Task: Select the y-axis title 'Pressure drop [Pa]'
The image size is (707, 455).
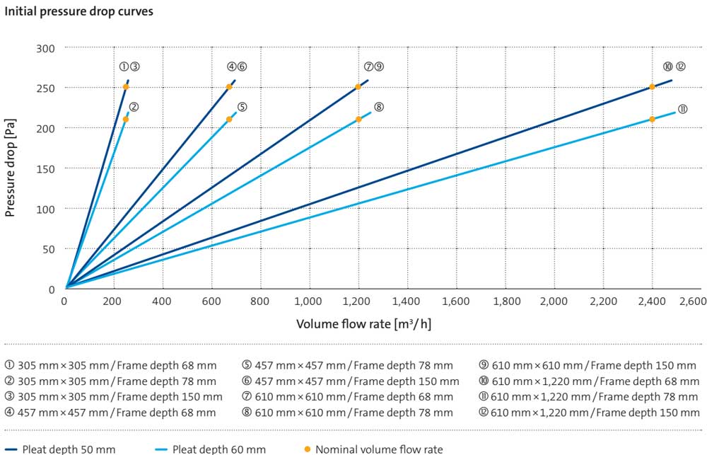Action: click(x=11, y=168)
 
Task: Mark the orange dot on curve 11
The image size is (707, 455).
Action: click(x=652, y=119)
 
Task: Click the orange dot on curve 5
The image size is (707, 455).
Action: click(x=228, y=119)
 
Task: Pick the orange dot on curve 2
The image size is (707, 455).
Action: click(x=125, y=119)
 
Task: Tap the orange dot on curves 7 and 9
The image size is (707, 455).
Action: click(x=358, y=87)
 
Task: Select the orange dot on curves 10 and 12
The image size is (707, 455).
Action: click(x=652, y=87)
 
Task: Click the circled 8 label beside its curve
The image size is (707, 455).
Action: click(x=379, y=107)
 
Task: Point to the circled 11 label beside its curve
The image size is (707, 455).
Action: click(x=683, y=109)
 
